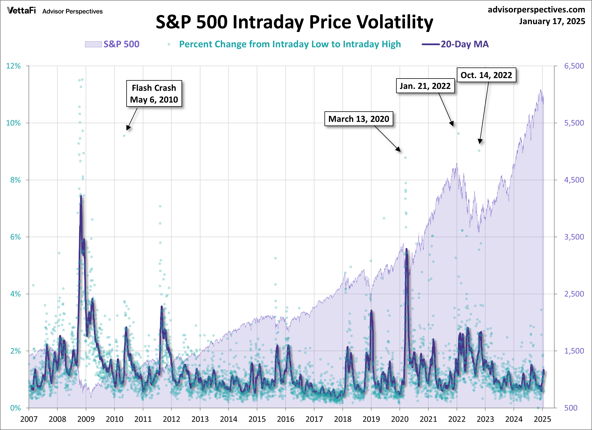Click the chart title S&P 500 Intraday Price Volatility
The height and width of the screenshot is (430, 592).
pyautogui.click(x=294, y=22)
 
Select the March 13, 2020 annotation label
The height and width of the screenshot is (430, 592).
pyautogui.click(x=359, y=119)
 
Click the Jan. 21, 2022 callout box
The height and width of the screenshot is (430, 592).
pyautogui.click(x=425, y=86)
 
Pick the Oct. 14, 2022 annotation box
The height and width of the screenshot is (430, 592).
pyautogui.click(x=486, y=75)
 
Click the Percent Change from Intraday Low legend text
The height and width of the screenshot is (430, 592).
pyautogui.click(x=290, y=44)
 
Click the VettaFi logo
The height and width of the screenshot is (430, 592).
pyautogui.click(x=21, y=11)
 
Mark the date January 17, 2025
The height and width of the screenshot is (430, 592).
pyautogui.click(x=552, y=21)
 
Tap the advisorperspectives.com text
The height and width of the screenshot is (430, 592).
pyautogui.click(x=536, y=10)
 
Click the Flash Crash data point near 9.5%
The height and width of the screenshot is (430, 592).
pyautogui.click(x=124, y=136)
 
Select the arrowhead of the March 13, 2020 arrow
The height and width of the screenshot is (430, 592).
pyautogui.click(x=399, y=150)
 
